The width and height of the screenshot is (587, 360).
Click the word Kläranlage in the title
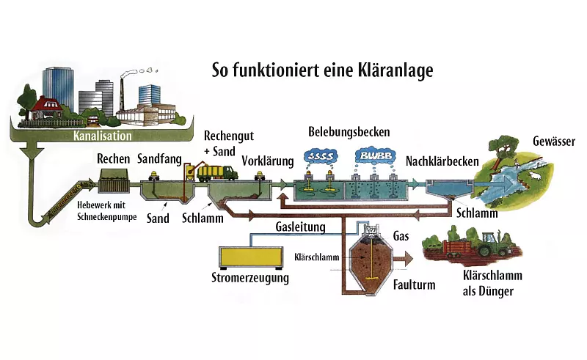tap(390, 70)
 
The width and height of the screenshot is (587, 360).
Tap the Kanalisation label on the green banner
tap(102, 136)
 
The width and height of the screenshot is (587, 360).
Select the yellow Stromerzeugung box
tap(251, 256)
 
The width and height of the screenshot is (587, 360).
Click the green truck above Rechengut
tap(216, 172)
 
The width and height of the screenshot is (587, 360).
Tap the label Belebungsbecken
tap(349, 132)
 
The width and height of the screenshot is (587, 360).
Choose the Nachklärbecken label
tap(437, 161)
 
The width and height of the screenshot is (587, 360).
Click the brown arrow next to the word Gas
tap(402, 258)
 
